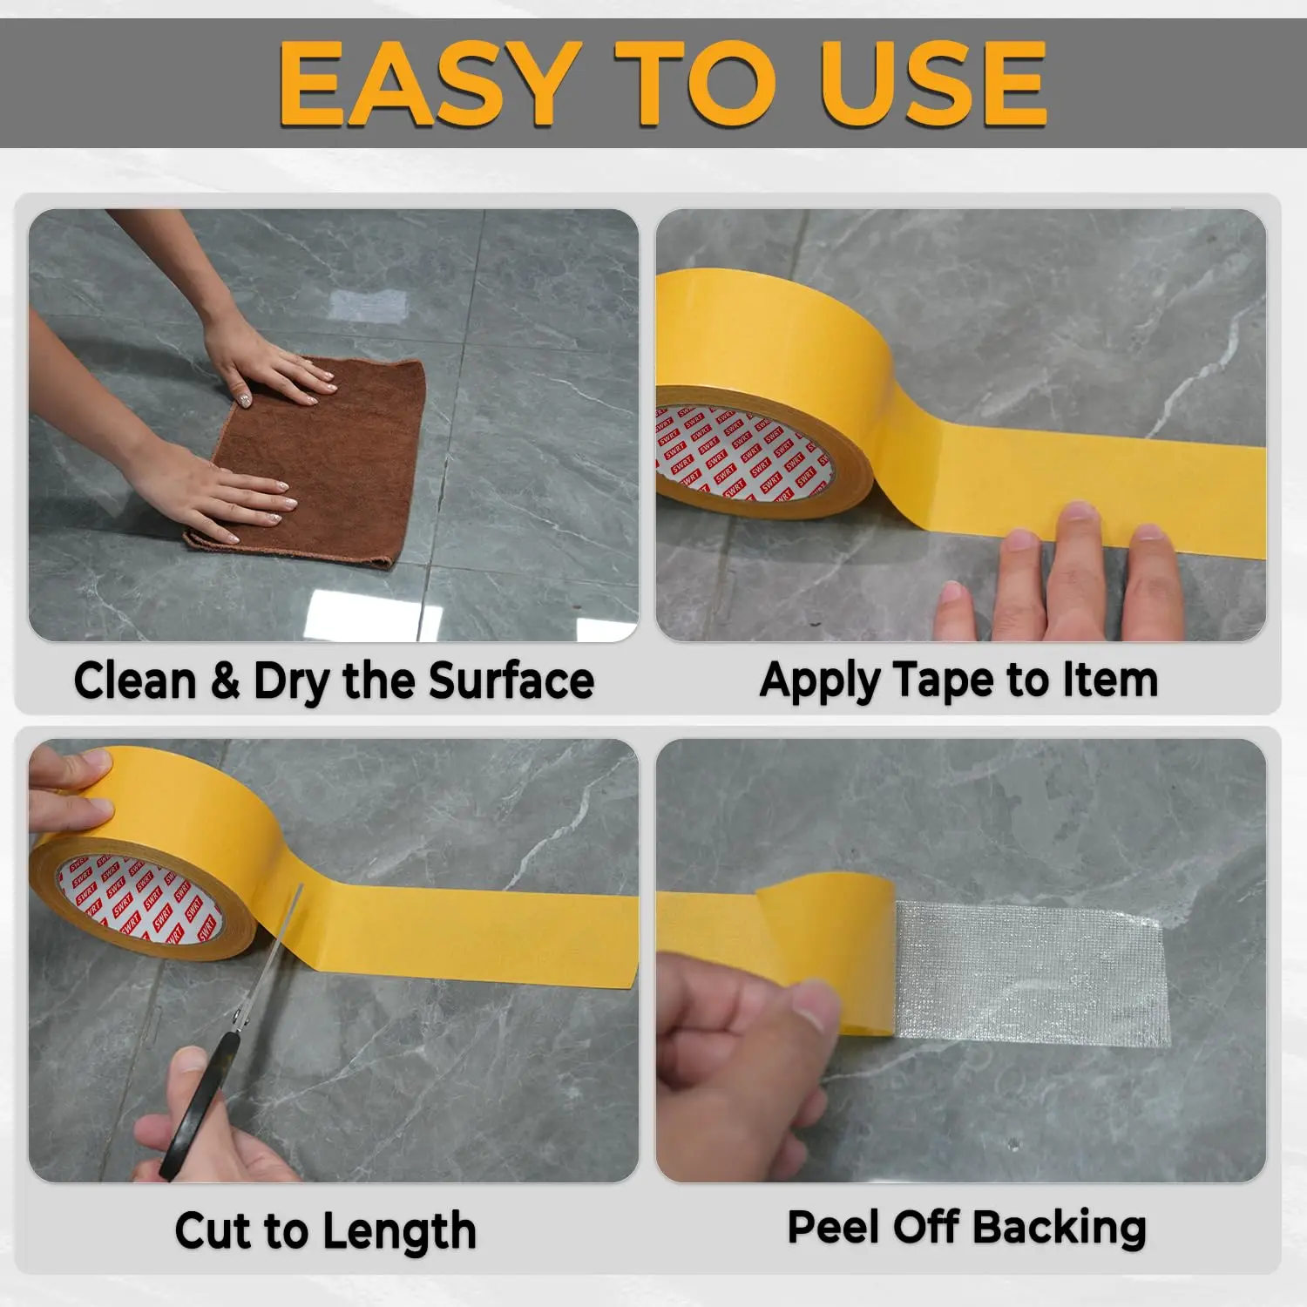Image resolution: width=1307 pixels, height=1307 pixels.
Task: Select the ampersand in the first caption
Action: tap(225, 681)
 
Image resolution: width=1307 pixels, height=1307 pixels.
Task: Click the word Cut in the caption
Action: tap(213, 1231)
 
